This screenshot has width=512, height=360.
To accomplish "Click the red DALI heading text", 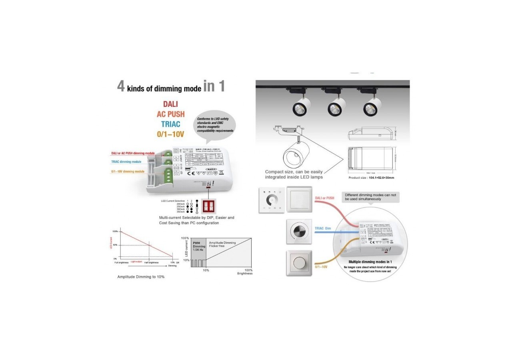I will coord(170,104).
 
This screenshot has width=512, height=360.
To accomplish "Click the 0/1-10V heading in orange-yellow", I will coord(170,134).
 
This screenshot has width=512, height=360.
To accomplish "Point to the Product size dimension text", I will coord(371,178).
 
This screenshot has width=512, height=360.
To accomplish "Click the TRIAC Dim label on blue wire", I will coord(323,228).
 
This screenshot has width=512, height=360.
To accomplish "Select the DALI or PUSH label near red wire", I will coord(324,198).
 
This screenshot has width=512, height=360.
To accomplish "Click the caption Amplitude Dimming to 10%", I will coord(140,277).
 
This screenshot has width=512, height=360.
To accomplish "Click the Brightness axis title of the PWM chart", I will coord(245,274).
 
